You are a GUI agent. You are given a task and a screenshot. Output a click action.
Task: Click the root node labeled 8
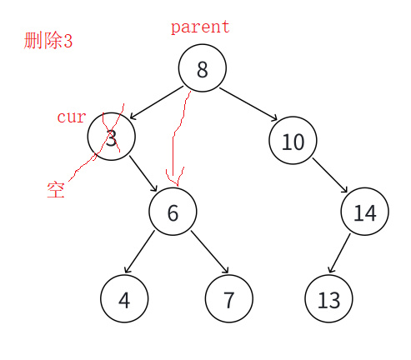[203, 68]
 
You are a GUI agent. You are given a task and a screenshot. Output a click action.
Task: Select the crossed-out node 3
[112, 137]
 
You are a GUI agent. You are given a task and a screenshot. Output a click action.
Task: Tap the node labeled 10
[293, 141]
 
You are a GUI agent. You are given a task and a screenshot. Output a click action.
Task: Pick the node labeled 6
[173, 212]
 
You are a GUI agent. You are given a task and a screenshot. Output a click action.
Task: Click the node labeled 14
[365, 212]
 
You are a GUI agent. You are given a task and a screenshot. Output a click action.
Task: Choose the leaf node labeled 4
[124, 299]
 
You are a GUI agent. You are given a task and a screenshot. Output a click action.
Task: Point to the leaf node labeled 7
[229, 299]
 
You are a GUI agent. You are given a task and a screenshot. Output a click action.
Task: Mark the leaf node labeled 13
[328, 299]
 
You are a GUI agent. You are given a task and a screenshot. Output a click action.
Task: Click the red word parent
[200, 27]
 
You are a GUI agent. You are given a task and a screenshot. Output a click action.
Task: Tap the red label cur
[72, 117]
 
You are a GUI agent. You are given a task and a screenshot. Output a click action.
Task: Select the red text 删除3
[48, 41]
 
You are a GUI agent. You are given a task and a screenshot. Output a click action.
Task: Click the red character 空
[56, 190]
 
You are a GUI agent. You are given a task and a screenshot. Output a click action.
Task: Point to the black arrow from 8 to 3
[157, 102]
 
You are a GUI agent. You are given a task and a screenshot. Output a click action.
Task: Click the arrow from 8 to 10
[248, 104]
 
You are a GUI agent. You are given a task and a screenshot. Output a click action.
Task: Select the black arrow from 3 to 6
[143, 174]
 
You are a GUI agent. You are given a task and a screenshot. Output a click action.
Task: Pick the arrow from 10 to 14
[330, 175]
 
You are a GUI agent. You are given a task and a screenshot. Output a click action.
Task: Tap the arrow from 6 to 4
[139, 252]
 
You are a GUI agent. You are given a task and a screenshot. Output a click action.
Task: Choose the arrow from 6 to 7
[210, 252]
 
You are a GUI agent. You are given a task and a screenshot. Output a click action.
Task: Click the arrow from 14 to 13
[339, 253]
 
